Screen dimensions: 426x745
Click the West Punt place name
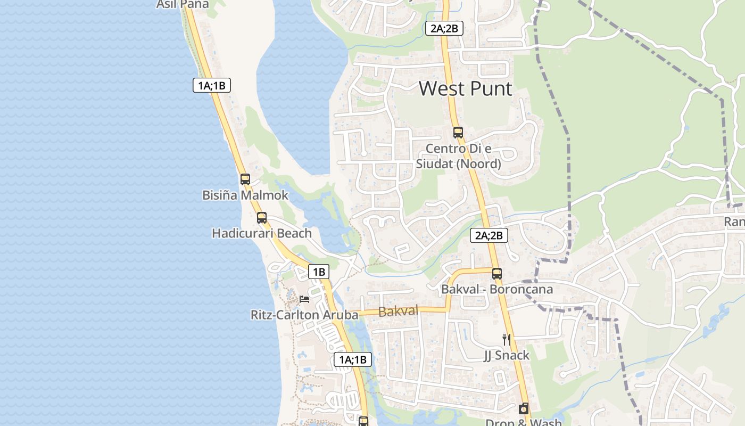coord(465,88)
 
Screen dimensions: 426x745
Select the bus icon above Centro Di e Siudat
coord(458,133)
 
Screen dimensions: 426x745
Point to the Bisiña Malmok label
coord(245,195)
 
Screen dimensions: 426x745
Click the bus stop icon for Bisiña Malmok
coord(245,179)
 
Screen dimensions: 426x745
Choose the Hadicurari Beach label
coord(262,233)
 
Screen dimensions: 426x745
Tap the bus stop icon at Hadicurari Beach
coord(262,218)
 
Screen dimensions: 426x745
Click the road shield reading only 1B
coord(319,272)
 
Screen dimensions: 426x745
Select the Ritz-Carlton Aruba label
coord(304,315)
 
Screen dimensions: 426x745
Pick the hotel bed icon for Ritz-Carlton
coord(304,299)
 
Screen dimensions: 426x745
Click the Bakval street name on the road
coord(398,311)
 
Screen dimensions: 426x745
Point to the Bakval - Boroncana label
coord(497,289)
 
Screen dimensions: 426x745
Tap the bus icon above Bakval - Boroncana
coord(497,274)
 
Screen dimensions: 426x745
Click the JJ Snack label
coord(507,355)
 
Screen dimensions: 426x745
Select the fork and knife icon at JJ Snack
coord(507,339)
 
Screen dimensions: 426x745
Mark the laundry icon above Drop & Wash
coord(524,409)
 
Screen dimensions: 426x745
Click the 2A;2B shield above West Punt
coord(444,29)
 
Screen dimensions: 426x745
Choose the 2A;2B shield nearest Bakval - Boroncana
coord(489,235)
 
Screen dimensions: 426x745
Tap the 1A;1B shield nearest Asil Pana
coord(212,85)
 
